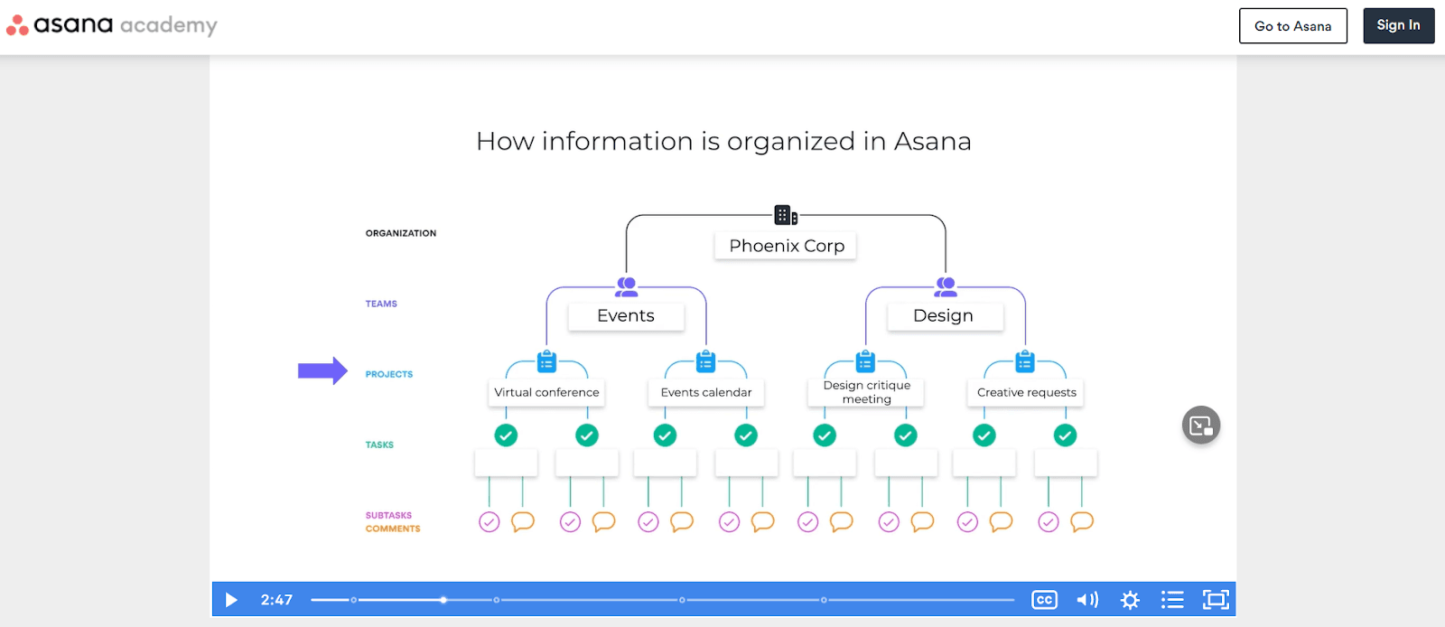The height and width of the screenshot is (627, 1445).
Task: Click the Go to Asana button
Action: (1292, 26)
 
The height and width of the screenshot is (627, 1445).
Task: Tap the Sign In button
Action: (1398, 25)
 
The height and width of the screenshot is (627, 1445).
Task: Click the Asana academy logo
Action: (112, 25)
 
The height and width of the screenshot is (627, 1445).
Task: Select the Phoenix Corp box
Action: (786, 246)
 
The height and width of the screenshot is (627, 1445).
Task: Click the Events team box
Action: (626, 315)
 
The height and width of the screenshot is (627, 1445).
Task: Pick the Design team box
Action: (944, 315)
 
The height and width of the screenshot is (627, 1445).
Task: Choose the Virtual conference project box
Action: (546, 392)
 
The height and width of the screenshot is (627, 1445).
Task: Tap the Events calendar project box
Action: (706, 392)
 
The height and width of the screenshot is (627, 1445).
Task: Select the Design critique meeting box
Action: (866, 392)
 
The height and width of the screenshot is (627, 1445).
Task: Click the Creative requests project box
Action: (1026, 392)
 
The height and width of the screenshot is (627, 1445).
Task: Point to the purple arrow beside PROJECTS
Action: (322, 370)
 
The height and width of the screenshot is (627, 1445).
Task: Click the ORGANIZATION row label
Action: (401, 233)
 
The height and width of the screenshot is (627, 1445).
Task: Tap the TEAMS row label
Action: (381, 304)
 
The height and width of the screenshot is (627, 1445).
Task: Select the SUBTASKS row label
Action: (388, 515)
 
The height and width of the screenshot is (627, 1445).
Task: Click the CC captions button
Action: (1044, 600)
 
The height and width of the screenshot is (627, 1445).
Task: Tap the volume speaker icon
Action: (1087, 600)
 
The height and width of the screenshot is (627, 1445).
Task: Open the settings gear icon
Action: (1130, 600)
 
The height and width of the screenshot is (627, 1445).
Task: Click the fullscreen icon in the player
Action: (1216, 600)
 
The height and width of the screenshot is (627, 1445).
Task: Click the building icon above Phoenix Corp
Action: (786, 215)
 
